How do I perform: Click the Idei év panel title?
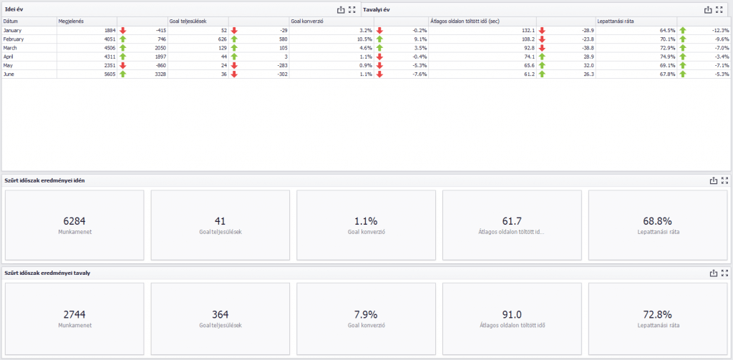(x=11, y=9)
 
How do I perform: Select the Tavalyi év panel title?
(x=377, y=9)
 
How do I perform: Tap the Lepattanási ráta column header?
(x=613, y=21)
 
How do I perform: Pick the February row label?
(x=14, y=39)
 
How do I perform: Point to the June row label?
(x=9, y=74)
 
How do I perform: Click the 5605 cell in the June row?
(x=109, y=74)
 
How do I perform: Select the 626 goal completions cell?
(x=222, y=39)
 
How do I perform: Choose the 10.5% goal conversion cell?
(x=366, y=39)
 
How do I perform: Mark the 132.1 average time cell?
(x=528, y=30)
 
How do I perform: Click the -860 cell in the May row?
(x=160, y=65)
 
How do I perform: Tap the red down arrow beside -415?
(x=123, y=30)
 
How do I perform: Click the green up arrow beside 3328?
(x=123, y=74)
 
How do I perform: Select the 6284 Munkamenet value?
(x=74, y=221)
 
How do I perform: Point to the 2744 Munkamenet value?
(x=74, y=315)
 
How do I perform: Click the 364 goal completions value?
(x=220, y=315)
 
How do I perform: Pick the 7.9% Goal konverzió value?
(x=366, y=315)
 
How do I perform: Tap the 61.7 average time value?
(x=512, y=221)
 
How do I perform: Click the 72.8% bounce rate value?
(x=658, y=315)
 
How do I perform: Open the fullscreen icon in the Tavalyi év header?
(x=719, y=9)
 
